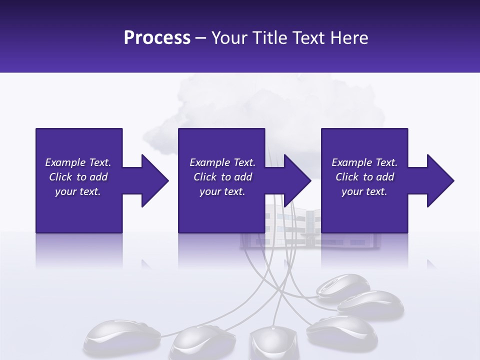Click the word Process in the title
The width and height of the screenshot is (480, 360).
coord(157,38)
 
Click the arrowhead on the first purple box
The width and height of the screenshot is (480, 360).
coord(155,180)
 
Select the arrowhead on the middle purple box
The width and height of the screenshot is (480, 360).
coord(297,180)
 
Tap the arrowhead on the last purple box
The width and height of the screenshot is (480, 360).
coord(440,180)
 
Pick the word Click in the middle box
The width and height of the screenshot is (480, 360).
coord(205,177)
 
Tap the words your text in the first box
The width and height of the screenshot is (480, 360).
coord(78,191)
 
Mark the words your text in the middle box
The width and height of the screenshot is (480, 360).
coord(222,191)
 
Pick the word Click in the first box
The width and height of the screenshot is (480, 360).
coord(60,177)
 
